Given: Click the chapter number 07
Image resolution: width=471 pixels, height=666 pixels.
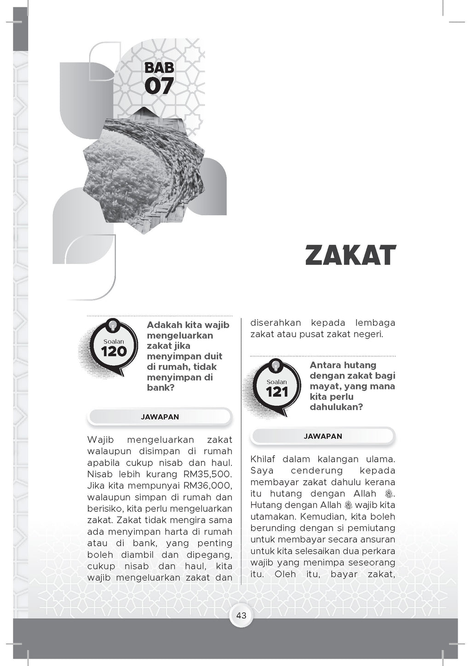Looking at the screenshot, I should point(159,86).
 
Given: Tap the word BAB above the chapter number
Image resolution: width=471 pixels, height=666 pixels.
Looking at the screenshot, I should point(159,68).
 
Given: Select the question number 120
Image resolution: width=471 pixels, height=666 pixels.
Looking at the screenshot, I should point(114,351).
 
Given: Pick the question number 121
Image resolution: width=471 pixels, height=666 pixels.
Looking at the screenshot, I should point(277,392).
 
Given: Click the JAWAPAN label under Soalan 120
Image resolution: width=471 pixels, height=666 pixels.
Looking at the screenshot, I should point(160,417).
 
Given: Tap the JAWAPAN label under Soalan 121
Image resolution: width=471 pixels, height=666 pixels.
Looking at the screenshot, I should point(323,436).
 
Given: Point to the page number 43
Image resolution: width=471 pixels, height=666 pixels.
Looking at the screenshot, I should point(241,615).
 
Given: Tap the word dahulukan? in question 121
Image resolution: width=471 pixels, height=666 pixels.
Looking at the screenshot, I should point(336,407).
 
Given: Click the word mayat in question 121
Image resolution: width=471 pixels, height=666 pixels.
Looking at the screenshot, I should point(324,386).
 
